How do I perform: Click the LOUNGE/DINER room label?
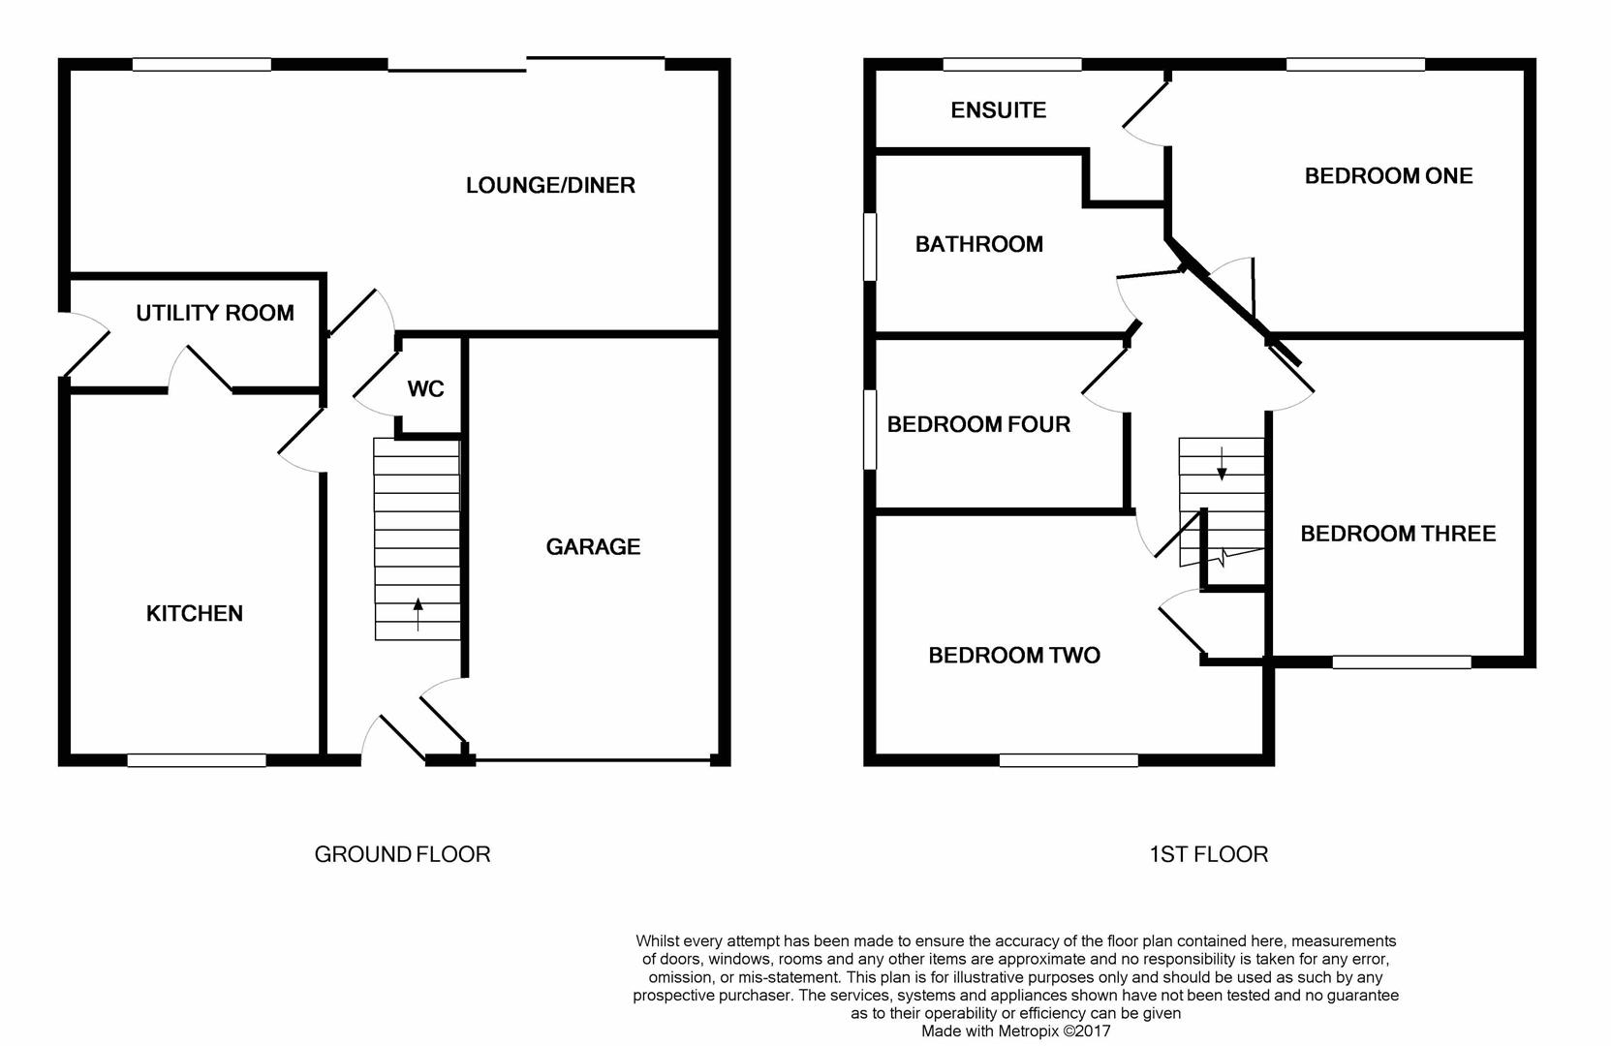pyautogui.click(x=550, y=186)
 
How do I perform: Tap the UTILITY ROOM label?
pyautogui.click(x=215, y=313)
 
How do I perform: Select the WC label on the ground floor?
pyautogui.click(x=426, y=389)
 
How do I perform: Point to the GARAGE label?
pyautogui.click(x=593, y=547)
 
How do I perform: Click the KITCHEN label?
pyautogui.click(x=194, y=613)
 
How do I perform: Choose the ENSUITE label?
pyautogui.click(x=998, y=110)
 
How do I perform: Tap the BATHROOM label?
pyautogui.click(x=978, y=244)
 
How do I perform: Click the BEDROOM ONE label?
pyautogui.click(x=1389, y=176)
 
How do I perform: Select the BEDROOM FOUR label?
pyautogui.click(x=978, y=424)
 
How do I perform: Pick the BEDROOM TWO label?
pyautogui.click(x=1014, y=655)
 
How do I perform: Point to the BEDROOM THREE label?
pyautogui.click(x=1398, y=534)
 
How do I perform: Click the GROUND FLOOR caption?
pyautogui.click(x=402, y=854)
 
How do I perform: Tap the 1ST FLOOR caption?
pyautogui.click(x=1208, y=854)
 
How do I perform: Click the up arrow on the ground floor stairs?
pyautogui.click(x=418, y=615)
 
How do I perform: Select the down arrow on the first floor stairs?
pyautogui.click(x=1222, y=463)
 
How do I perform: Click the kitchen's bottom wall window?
pyautogui.click(x=197, y=760)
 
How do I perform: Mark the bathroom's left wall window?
pyautogui.click(x=870, y=247)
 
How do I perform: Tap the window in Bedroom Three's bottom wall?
pyautogui.click(x=1402, y=662)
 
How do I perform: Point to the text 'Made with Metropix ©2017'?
pyautogui.click(x=1016, y=1031)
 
